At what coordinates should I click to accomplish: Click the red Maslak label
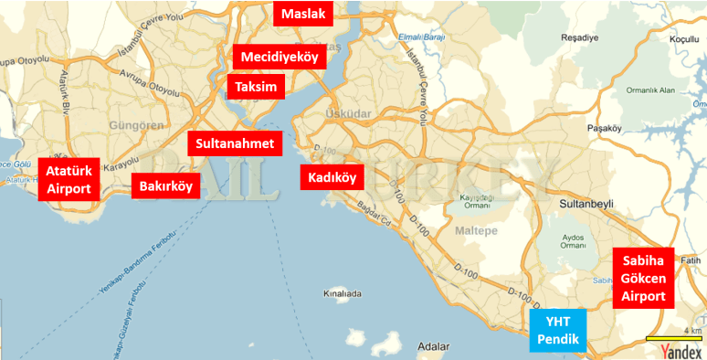point(304,14)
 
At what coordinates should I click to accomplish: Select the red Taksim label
point(256,87)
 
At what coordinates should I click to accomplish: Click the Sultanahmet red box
point(235,143)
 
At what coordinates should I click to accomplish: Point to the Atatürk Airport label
point(69,180)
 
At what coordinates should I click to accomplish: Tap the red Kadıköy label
point(332,177)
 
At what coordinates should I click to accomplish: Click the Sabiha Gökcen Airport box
point(643,278)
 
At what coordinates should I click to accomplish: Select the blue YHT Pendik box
point(558,332)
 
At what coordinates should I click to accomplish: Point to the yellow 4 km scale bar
point(672,338)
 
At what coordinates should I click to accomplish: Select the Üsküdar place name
point(344,113)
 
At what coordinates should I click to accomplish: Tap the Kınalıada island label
point(343,294)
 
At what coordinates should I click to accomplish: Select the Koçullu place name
point(683,39)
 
